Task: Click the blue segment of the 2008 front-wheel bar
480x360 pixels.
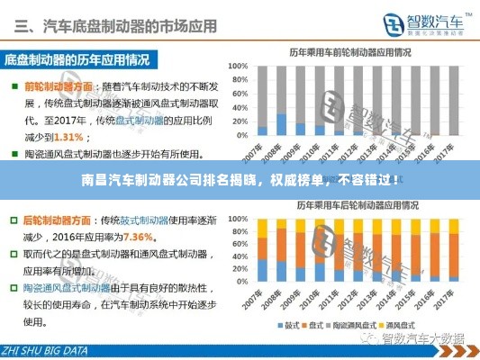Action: [x=281, y=123]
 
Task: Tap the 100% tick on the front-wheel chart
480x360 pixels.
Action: [x=239, y=66]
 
